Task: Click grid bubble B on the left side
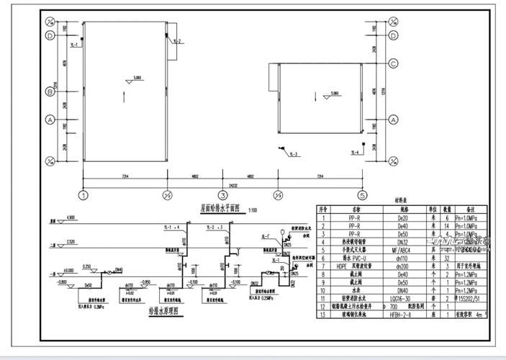[50, 91]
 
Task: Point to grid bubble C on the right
[394, 64]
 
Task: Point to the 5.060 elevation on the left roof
[137, 76]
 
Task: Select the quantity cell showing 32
[446, 258]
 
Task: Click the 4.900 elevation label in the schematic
[71, 216]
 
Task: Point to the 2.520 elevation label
[71, 240]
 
